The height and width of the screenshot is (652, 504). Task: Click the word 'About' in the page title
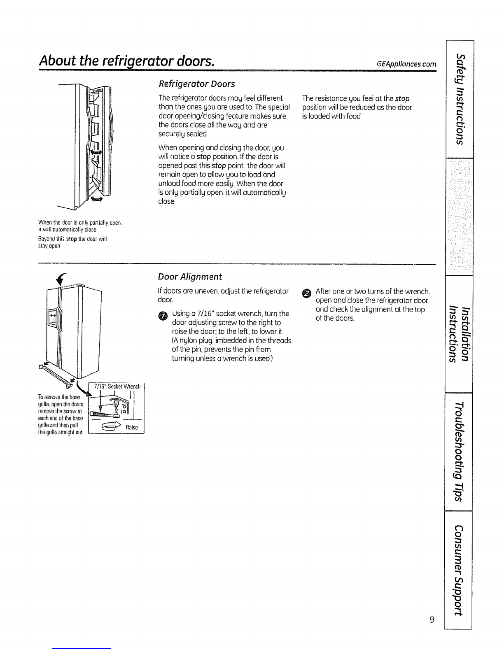58,61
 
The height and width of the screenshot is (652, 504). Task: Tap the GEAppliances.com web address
406,64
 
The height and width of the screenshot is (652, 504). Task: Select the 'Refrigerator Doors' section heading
196,84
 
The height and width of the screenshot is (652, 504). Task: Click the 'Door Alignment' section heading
190,277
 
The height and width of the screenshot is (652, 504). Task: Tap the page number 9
432,619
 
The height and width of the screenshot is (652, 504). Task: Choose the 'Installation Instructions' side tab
459,334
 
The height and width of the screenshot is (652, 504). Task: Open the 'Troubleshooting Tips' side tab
459,452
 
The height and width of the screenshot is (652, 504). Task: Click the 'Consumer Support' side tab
458,570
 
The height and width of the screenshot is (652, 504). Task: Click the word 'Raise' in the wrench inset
131,427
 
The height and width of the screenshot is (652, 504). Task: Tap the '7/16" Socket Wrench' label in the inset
117,387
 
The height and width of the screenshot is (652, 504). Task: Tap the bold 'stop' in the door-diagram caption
71,239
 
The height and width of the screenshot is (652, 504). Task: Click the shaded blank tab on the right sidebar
460,217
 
